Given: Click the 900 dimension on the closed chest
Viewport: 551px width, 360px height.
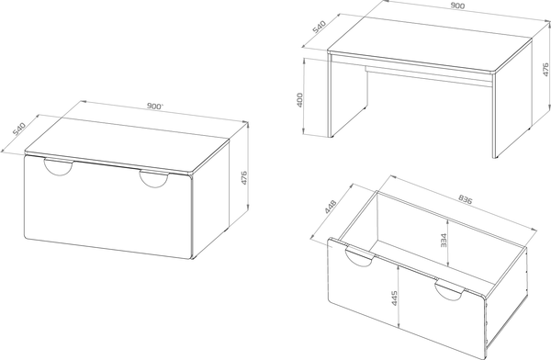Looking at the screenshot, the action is click(x=155, y=106).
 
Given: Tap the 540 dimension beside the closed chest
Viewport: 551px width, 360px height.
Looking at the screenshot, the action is click(x=19, y=129).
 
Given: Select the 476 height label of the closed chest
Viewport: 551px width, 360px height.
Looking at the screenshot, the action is click(x=244, y=178).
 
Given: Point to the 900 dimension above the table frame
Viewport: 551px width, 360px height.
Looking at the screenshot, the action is click(x=457, y=6).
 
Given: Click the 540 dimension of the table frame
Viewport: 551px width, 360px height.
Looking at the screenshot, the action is click(x=320, y=27).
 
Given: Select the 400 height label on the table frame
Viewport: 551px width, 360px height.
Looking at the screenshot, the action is click(x=299, y=100).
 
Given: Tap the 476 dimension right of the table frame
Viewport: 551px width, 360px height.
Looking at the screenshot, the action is click(x=545, y=69).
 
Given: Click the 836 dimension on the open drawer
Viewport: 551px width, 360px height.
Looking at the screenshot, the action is click(x=466, y=199).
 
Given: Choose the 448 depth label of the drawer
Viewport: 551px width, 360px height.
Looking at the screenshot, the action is click(x=331, y=207).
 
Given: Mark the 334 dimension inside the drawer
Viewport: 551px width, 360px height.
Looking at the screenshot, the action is click(x=444, y=241).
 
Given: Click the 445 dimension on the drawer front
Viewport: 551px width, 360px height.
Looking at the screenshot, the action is click(x=394, y=298).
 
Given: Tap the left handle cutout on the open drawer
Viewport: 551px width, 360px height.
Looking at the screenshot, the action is click(x=359, y=256).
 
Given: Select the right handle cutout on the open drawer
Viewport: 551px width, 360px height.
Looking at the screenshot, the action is click(x=450, y=290).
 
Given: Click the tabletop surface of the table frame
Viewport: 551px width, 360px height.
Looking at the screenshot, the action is click(x=430, y=43).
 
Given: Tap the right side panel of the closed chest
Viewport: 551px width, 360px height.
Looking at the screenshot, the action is click(x=211, y=200).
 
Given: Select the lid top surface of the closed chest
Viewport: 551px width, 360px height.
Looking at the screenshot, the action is click(x=127, y=144).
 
